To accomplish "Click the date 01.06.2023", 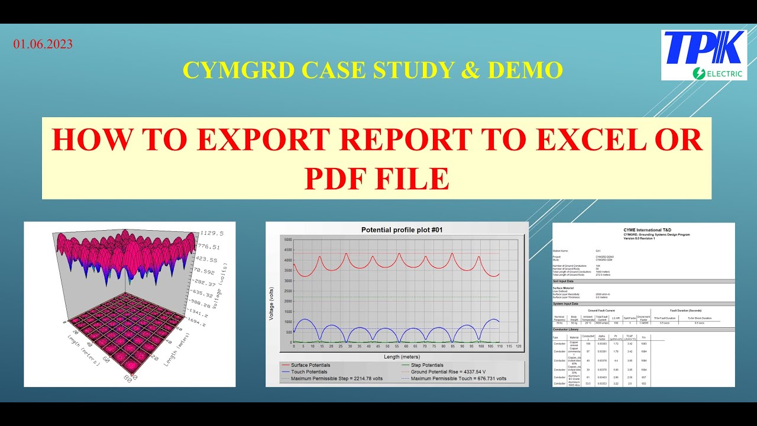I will (x=43, y=44).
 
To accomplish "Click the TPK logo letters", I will (x=703, y=48).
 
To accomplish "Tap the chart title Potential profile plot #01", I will (x=402, y=230).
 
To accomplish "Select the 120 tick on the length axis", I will (x=519, y=346).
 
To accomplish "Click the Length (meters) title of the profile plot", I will (x=402, y=356).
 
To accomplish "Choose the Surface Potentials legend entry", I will (x=310, y=365).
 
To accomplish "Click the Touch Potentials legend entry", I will (x=309, y=372).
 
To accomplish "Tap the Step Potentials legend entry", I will (x=427, y=365).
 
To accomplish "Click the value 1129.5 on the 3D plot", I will (x=212, y=233).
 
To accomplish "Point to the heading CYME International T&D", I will (x=644, y=229).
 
